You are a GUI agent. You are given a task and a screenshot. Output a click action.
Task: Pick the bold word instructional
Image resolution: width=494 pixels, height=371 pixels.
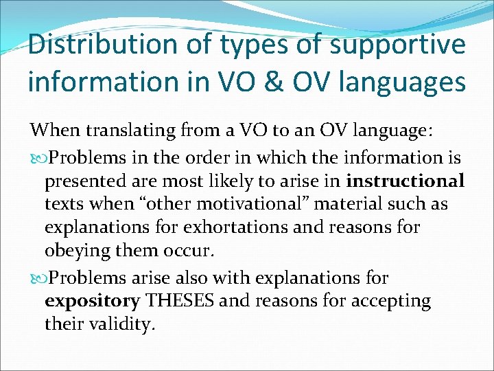click(x=405, y=181)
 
